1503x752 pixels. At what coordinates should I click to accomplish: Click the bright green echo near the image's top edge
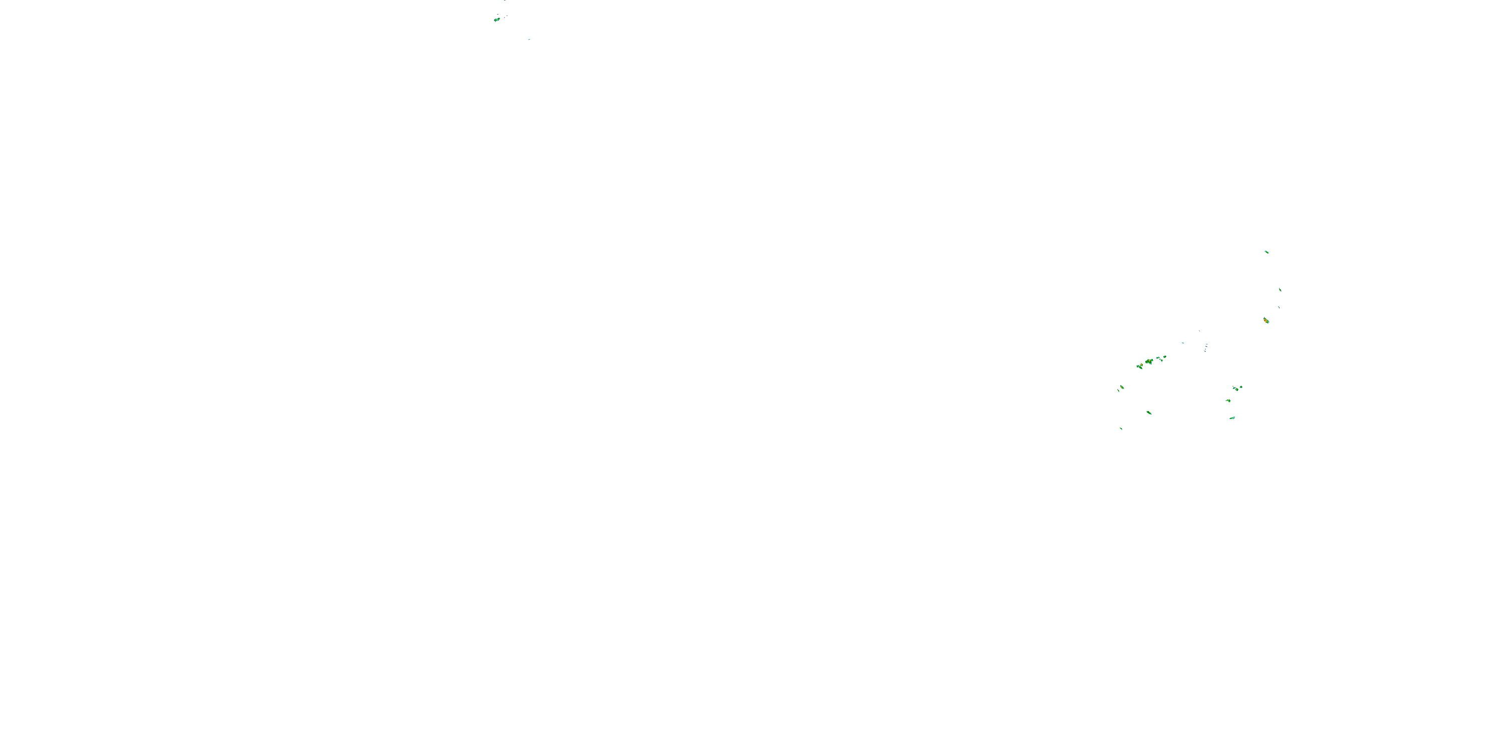pos(496,19)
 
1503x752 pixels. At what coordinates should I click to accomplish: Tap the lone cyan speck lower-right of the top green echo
pos(529,40)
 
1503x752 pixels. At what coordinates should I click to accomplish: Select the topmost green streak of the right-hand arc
pos(1266,252)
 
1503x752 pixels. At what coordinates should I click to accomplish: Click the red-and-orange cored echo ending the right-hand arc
pos(1266,320)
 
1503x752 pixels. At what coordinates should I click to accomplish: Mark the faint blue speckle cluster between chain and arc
pos(1205,347)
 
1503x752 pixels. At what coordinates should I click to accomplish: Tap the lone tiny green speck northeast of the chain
pos(1183,343)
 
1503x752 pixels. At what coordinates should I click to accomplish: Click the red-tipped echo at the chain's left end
pos(1139,366)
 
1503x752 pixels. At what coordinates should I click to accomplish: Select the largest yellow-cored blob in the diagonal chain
pos(1149,362)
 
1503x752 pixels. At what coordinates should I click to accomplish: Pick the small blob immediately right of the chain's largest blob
pos(1158,358)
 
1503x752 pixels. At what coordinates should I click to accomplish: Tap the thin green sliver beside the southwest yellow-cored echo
pos(1119,390)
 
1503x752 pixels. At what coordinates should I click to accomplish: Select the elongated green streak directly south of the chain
pos(1149,413)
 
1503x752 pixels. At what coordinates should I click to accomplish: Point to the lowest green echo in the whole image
pos(1121,429)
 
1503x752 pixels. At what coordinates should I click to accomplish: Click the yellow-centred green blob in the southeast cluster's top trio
pos(1236,388)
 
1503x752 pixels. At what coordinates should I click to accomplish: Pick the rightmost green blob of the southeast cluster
pos(1241,387)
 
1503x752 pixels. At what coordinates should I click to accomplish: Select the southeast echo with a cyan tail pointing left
pos(1228,401)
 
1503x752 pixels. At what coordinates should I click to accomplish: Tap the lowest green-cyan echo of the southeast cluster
pos(1232,418)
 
